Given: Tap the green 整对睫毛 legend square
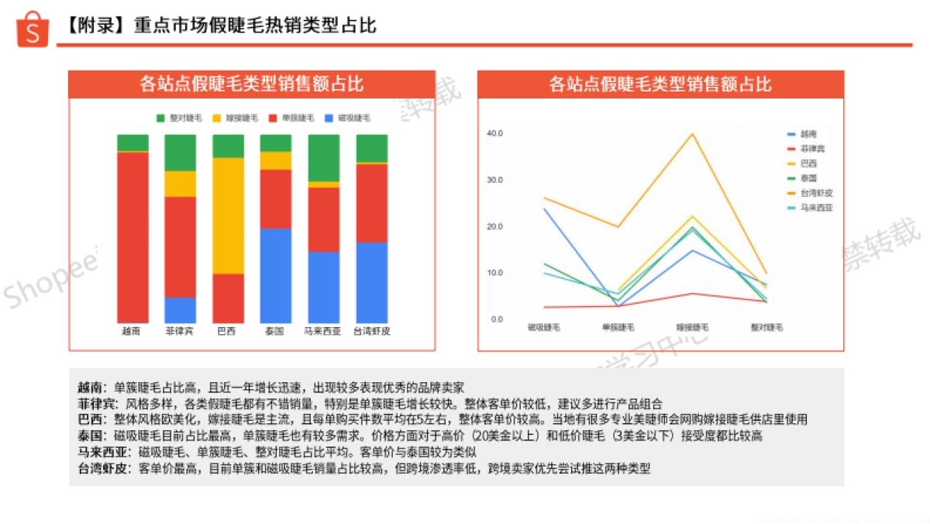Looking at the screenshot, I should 161,118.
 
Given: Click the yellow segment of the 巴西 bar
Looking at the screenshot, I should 228,215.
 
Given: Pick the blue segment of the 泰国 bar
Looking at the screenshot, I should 275,275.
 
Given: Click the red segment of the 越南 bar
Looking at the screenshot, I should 133,236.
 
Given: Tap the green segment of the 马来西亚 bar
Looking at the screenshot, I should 323,158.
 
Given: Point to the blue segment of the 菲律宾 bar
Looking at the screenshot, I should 180,310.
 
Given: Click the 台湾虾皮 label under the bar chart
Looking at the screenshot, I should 371,331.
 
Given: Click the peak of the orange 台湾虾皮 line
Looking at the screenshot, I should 692,134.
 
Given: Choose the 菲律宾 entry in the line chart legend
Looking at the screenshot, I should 812,148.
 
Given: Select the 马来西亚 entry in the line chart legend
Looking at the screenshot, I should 816,208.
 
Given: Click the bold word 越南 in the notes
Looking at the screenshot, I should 88,387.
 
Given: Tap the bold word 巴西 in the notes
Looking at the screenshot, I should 88,419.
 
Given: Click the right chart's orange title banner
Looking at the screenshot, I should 660,84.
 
